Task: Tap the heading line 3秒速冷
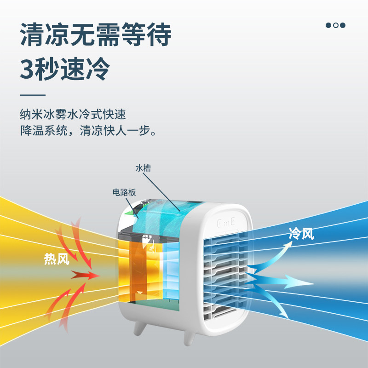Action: [x=65, y=69]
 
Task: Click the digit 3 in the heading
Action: [x=29, y=69]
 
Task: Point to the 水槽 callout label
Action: [x=143, y=168]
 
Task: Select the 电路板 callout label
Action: [x=124, y=193]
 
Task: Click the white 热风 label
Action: [x=57, y=259]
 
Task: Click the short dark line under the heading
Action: [x=33, y=95]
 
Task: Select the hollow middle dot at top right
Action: [x=336, y=25]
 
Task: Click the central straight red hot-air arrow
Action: [x=86, y=275]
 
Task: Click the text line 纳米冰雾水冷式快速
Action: [x=73, y=114]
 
